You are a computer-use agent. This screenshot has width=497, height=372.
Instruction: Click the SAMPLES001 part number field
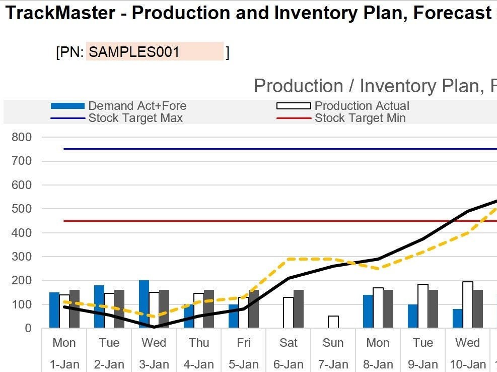click(154, 51)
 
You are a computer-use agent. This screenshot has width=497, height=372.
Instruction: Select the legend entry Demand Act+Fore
click(137, 106)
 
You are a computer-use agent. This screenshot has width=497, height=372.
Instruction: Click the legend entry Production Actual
click(362, 106)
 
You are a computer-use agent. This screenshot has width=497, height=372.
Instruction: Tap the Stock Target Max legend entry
click(135, 118)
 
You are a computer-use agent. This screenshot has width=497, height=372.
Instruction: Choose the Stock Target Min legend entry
click(360, 118)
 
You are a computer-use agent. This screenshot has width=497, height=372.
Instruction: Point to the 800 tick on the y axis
click(22, 137)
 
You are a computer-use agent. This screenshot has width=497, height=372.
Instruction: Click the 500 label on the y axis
click(22, 209)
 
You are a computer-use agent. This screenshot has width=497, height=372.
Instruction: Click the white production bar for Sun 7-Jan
click(333, 322)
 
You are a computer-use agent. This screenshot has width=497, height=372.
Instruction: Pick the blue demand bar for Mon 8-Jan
click(368, 311)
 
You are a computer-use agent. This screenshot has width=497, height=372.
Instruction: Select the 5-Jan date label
click(243, 364)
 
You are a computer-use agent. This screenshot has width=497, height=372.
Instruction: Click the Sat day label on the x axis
click(289, 343)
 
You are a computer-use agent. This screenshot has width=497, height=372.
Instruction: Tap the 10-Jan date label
click(468, 364)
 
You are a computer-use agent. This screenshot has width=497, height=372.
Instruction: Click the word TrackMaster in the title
click(59, 12)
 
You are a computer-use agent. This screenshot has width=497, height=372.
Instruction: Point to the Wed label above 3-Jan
click(154, 343)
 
